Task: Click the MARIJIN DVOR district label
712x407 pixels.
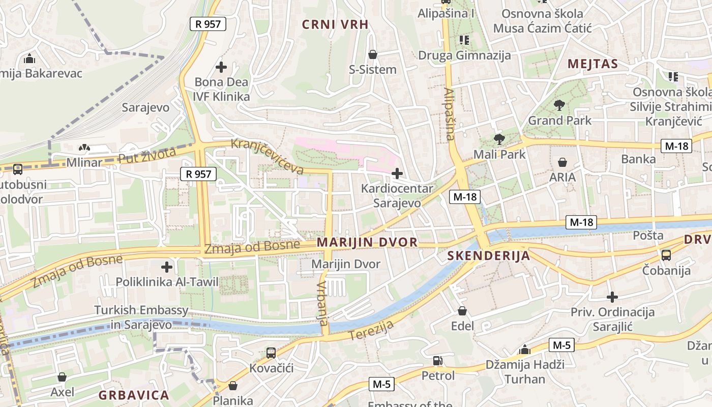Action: [367, 242]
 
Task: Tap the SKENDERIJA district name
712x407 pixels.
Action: [489, 255]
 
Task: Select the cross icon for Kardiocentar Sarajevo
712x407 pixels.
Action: [397, 173]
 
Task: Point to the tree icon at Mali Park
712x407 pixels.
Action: [499, 139]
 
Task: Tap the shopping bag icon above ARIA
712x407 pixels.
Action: [562, 162]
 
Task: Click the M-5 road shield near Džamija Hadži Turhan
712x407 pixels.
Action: [561, 345]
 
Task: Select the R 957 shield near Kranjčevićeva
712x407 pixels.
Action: [198, 174]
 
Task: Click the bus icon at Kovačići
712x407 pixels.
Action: [271, 353]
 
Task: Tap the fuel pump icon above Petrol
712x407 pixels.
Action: [437, 361]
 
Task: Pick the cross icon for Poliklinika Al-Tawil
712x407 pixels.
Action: [167, 267]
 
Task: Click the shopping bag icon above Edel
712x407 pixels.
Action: [462, 310]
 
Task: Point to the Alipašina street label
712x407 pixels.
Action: [449, 114]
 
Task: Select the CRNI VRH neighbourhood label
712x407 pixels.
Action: [335, 24]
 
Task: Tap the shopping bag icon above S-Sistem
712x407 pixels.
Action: [373, 54]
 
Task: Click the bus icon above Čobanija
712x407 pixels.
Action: [666, 255]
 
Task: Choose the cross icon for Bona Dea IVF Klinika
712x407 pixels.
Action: [221, 67]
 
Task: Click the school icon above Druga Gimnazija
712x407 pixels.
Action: [464, 40]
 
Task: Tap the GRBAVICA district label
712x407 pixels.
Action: [134, 395]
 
